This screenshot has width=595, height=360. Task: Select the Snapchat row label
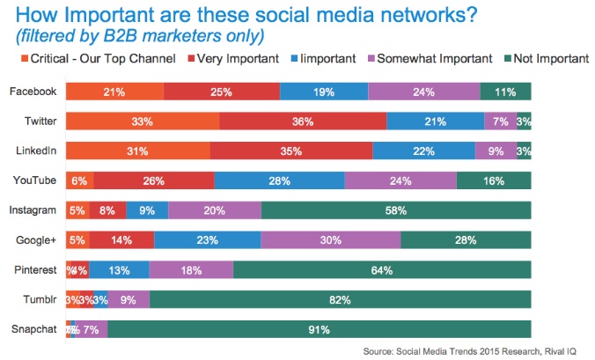[x=34, y=329]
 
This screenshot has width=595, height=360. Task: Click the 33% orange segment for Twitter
[x=142, y=121]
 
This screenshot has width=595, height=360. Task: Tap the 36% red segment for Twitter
[x=303, y=121]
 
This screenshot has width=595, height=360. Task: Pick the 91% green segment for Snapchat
[x=319, y=330]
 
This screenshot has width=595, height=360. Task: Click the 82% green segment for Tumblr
[x=340, y=300]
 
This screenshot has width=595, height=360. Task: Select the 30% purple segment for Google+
[x=330, y=240]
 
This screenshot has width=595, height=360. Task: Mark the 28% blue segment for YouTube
[x=279, y=180]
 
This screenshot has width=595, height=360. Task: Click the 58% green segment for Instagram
[x=396, y=210]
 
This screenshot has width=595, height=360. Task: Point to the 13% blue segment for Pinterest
[x=118, y=270]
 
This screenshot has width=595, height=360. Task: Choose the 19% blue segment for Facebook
[x=323, y=91]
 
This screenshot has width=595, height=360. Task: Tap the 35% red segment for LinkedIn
[x=290, y=151]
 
